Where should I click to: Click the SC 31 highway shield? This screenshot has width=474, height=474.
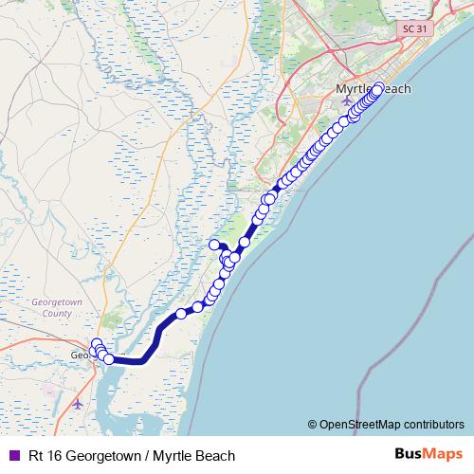[x=410, y=29]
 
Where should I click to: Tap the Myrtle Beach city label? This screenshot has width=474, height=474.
[x=374, y=88]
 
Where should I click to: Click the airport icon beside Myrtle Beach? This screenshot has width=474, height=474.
[x=346, y=100]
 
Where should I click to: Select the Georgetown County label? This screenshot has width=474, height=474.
[x=52, y=307]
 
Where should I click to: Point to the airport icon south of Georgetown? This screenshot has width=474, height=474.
[x=78, y=404]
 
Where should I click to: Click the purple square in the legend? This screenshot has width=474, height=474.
[x=13, y=455]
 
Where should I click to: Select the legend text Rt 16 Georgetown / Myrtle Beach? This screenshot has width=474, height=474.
[x=131, y=455]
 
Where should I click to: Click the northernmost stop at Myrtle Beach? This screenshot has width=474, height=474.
[x=379, y=89]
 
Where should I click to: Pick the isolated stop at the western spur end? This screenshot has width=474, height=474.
[x=214, y=246]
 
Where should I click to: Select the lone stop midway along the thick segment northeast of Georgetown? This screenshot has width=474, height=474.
[x=181, y=314]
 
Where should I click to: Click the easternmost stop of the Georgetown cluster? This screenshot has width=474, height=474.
[x=109, y=359]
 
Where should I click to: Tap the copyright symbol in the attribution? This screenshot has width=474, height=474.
[x=313, y=424]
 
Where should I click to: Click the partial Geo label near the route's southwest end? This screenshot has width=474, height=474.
[x=80, y=356]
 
